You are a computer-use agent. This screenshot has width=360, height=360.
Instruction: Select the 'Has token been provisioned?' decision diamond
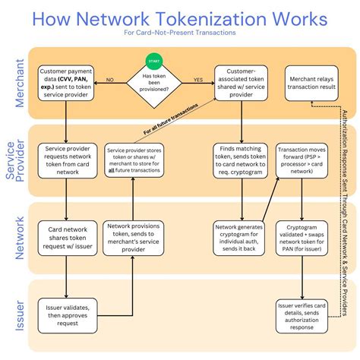[x=153, y=80]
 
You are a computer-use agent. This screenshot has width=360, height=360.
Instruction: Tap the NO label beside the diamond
[x=110, y=78]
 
